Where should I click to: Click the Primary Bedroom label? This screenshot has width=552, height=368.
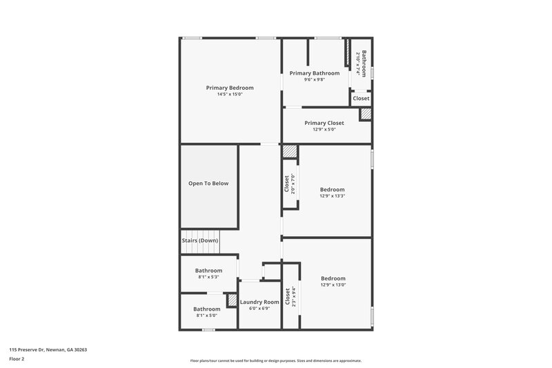[x=230, y=88]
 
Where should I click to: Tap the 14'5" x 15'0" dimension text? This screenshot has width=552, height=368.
[x=230, y=94]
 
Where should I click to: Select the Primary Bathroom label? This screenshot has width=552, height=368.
[x=315, y=73]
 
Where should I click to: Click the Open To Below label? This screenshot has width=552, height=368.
[x=208, y=184]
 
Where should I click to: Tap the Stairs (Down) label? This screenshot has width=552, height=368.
[x=200, y=240]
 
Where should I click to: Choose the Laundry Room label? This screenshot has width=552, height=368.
[x=259, y=302]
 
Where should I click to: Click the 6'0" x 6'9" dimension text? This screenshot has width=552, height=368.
[x=259, y=309]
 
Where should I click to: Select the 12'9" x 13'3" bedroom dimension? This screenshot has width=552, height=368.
[x=332, y=196]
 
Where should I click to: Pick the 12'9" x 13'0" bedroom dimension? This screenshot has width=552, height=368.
[x=333, y=284]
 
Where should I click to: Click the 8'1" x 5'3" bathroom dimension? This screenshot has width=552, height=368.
[x=208, y=277]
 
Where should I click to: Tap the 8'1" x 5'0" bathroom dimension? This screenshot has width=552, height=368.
[x=206, y=316]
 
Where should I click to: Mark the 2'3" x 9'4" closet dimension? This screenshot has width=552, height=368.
[x=293, y=296]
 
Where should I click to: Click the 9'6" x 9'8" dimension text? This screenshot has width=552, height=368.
[x=315, y=79]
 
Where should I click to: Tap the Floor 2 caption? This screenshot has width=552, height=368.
[x=17, y=359]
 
